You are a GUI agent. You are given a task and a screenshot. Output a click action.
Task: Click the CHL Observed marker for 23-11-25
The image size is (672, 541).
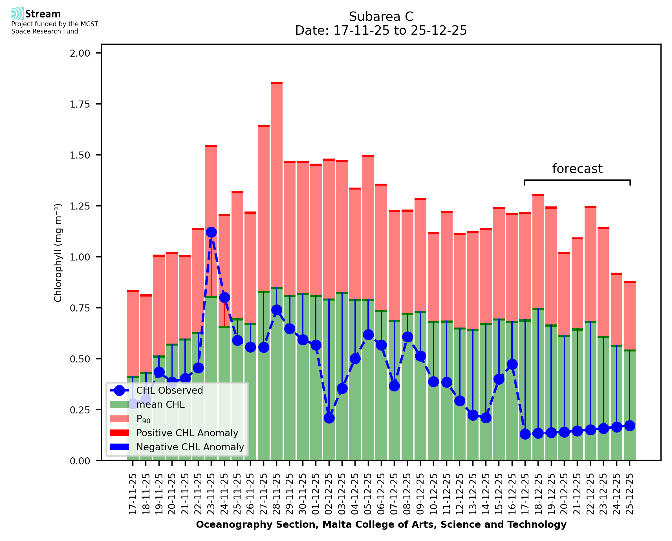click(x=211, y=232)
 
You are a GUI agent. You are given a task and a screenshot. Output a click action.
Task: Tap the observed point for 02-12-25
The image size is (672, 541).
click(x=329, y=418)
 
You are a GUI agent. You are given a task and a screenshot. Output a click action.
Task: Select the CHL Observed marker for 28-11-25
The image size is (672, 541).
click(x=277, y=310)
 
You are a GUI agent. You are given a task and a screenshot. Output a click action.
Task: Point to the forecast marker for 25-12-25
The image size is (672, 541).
click(x=630, y=426)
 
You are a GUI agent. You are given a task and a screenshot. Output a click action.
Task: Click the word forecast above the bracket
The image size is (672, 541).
click(x=577, y=169)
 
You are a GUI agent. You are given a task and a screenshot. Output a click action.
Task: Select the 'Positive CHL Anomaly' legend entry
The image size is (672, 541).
click(x=187, y=433)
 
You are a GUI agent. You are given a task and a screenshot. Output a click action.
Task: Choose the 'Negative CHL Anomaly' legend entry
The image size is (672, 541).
click(x=190, y=447)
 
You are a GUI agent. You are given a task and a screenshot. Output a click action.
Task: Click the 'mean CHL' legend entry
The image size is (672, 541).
click(x=160, y=404)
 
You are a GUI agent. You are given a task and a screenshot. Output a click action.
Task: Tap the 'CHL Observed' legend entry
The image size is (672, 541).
click(x=169, y=390)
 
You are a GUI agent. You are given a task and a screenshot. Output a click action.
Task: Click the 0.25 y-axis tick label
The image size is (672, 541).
click(x=80, y=410)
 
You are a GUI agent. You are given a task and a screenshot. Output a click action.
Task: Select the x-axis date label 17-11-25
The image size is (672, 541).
click(x=133, y=494)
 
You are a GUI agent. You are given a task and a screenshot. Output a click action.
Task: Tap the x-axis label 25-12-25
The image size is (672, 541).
click(x=630, y=494)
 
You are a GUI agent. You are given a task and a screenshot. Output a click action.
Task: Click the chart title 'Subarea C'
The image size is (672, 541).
click(x=381, y=17)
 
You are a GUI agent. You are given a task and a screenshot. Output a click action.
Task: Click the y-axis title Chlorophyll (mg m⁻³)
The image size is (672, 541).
click(x=58, y=253)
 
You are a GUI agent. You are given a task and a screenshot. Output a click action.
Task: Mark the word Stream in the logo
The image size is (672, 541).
click(x=43, y=14)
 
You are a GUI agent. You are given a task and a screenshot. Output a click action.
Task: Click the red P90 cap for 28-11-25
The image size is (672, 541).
click(x=277, y=83)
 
